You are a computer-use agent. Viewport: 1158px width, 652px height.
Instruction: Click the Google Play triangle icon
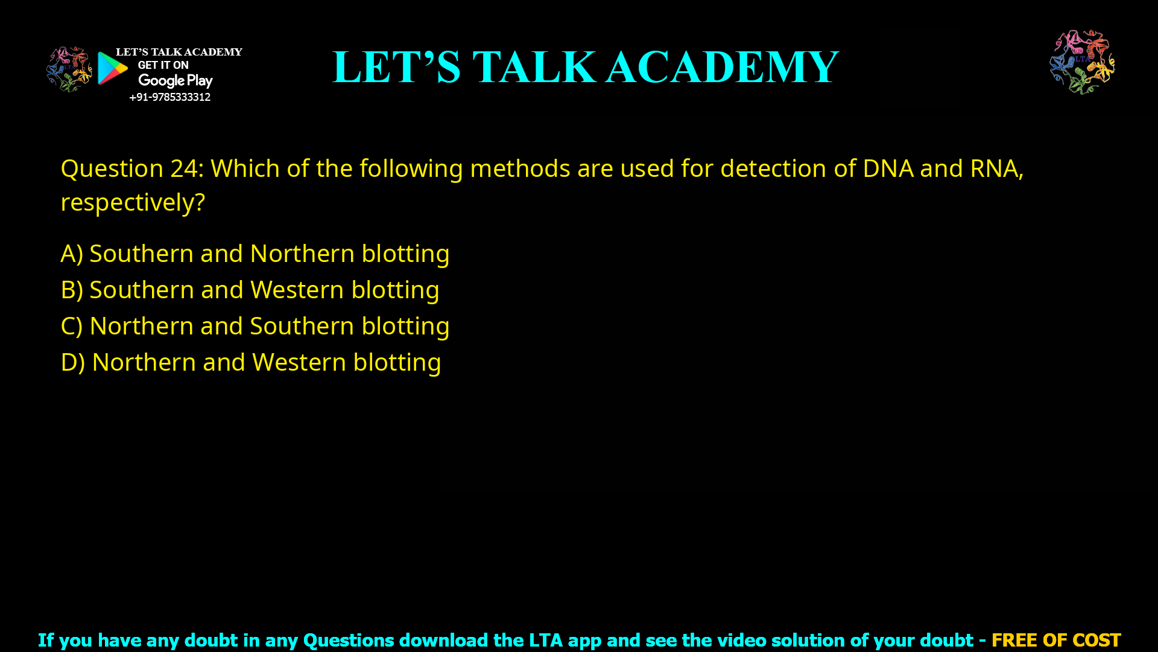click(112, 68)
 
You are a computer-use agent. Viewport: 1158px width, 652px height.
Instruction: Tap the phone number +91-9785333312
click(169, 97)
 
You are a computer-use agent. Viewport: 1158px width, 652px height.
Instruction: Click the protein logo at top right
click(1082, 62)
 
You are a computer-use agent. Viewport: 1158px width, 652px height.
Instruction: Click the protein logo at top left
click(69, 69)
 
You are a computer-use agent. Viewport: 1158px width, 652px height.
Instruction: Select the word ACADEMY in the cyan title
click(722, 67)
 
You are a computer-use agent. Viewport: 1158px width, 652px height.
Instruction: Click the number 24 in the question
click(184, 168)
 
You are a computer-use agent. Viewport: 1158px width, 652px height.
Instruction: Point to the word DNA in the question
click(888, 168)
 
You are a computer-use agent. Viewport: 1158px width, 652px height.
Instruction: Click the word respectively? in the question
click(133, 202)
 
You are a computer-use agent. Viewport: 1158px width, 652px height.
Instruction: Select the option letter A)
click(72, 254)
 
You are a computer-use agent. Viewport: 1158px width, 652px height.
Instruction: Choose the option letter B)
click(72, 290)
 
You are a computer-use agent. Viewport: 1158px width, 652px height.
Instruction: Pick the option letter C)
click(72, 326)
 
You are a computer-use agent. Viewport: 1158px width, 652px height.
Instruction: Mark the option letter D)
click(73, 362)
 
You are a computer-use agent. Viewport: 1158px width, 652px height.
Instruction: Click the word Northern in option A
click(302, 254)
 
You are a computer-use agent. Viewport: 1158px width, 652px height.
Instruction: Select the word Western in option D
click(299, 362)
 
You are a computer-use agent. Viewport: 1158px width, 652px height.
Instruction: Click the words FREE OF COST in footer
click(1055, 640)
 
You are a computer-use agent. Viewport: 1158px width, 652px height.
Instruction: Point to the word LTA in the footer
click(546, 640)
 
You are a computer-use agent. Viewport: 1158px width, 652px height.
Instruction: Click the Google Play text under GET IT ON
click(175, 81)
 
